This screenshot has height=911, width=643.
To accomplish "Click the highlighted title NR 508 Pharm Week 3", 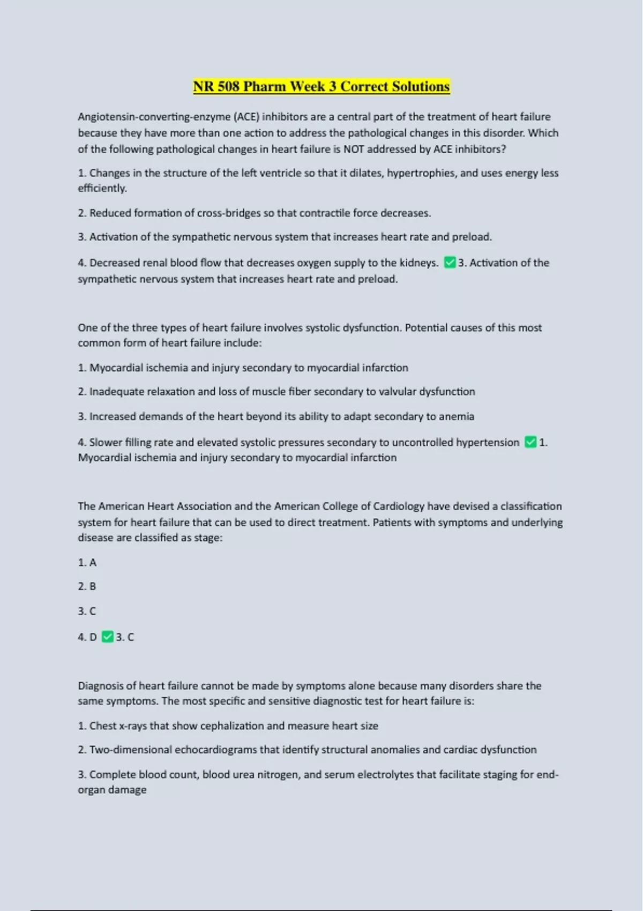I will [321, 87].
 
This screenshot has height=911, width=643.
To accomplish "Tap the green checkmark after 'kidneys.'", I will [450, 263].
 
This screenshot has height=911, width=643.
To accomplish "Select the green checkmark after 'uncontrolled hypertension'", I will [530, 442].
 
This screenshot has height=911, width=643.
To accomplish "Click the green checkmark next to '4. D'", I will [107, 637].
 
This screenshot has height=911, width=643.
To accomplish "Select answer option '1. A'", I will [87, 562].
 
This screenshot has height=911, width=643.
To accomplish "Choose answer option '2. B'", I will [87, 586].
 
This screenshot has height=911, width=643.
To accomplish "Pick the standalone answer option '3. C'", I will [87, 611].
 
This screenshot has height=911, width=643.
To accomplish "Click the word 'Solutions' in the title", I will [421, 87].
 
